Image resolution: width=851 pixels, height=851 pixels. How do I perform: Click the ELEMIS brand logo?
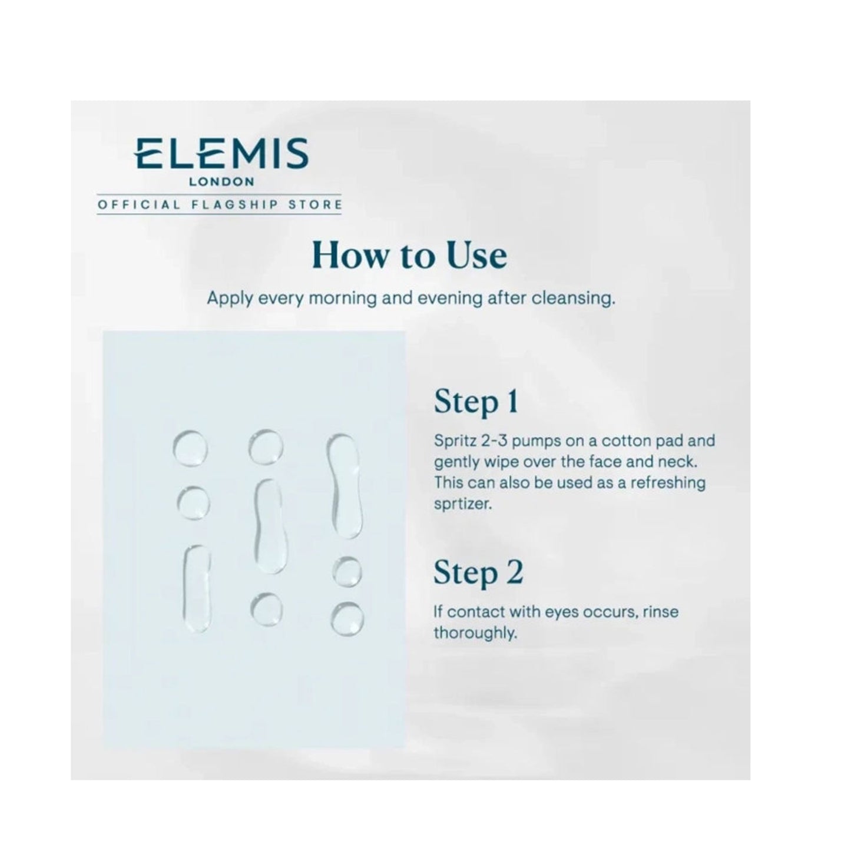[x=221, y=154]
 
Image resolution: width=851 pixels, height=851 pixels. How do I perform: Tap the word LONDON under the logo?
[x=221, y=181]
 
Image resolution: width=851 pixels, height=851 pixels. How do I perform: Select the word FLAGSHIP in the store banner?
[x=235, y=205]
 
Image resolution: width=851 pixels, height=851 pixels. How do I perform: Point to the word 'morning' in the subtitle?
[x=343, y=299]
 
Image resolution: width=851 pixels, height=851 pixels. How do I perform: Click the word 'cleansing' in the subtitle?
[x=573, y=299]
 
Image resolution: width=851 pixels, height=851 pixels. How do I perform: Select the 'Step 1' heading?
[x=476, y=402]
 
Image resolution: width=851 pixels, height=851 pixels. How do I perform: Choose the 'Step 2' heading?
[x=478, y=573]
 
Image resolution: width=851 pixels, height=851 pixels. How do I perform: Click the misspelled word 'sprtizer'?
[x=462, y=504]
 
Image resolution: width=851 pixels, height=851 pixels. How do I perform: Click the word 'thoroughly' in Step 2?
[x=475, y=634]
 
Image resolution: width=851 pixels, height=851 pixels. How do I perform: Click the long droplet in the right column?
[x=345, y=485]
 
